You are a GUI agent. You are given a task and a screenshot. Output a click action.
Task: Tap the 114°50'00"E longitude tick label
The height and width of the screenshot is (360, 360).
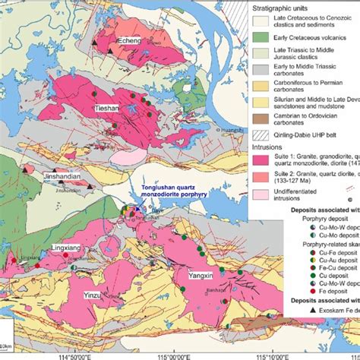pyautogui.click(x=71, y=352)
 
